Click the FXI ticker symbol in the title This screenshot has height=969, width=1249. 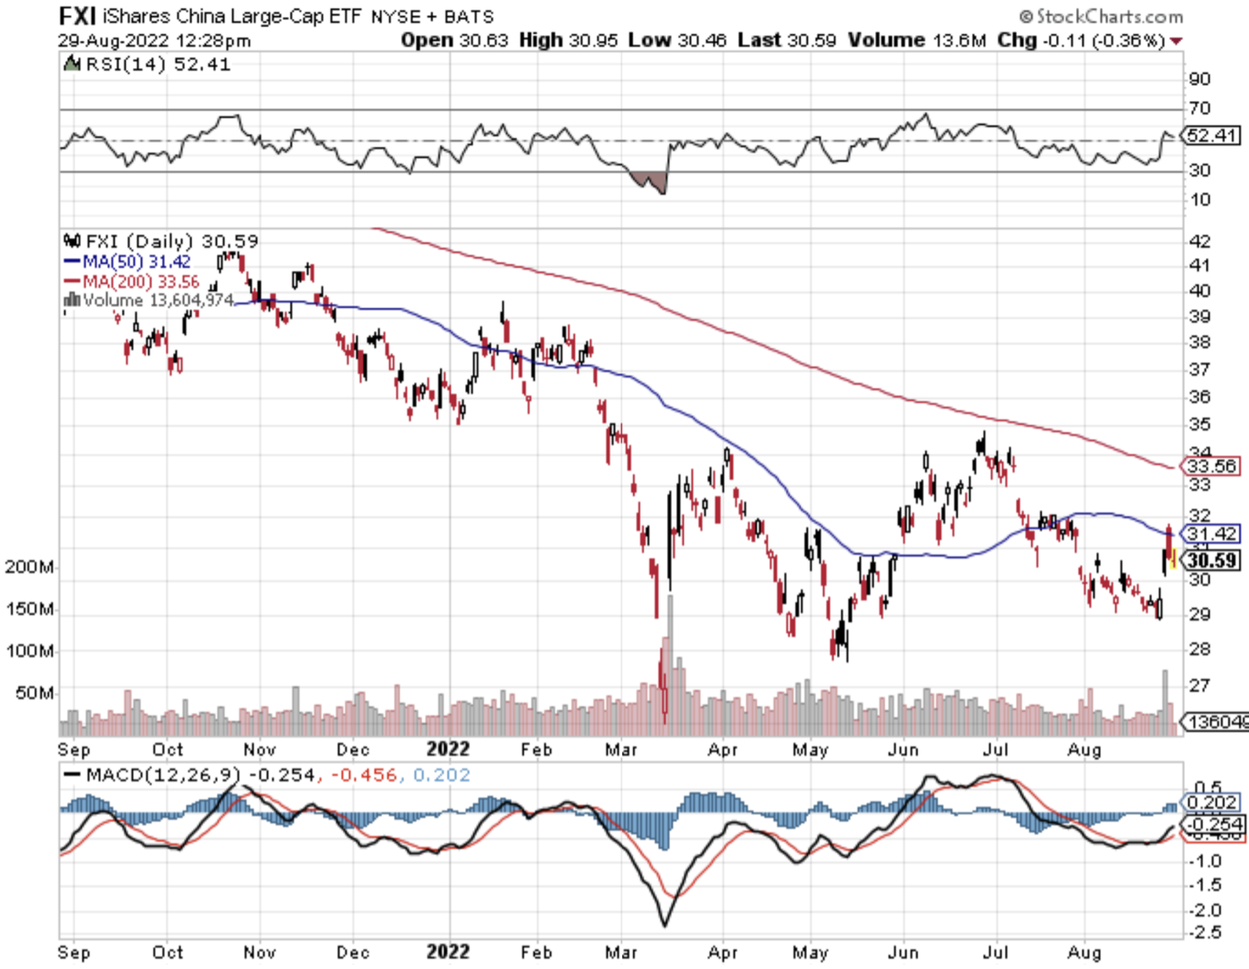(78, 15)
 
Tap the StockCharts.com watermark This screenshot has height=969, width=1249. (1101, 16)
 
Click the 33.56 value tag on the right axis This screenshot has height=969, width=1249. (1211, 466)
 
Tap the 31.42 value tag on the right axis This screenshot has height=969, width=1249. (1211, 533)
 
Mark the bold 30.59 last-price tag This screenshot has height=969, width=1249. (1211, 561)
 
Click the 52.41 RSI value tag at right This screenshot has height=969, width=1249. (1211, 135)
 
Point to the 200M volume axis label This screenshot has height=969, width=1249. (30, 567)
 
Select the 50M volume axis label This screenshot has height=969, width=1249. (34, 692)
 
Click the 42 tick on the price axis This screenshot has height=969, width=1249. (1199, 241)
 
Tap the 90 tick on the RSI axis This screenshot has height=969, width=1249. (1199, 78)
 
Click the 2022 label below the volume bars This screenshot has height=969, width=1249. (448, 750)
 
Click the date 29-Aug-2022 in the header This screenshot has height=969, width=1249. (113, 40)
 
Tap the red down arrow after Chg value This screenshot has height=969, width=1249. (1176, 41)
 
